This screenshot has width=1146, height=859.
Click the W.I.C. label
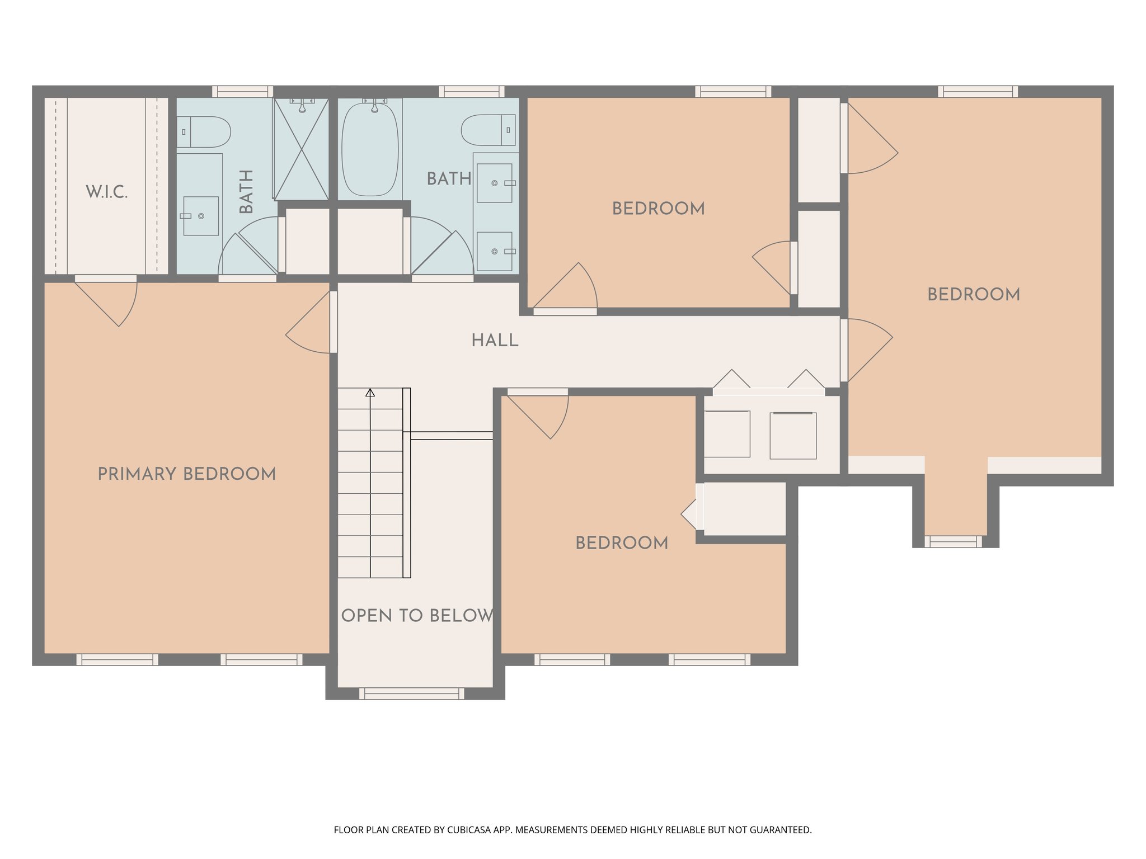point(106,192)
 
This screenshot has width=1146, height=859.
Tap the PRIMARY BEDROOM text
point(187,474)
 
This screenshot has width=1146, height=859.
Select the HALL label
point(495,340)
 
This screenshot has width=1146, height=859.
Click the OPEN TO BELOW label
point(417,615)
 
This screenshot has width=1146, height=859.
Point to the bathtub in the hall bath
point(370,150)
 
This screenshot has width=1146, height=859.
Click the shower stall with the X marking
point(301,149)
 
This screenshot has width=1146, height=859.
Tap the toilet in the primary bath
point(204,132)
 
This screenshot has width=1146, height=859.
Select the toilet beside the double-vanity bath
point(489,130)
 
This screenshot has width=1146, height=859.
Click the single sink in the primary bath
point(200,216)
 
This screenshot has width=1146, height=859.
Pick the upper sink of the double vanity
point(495,183)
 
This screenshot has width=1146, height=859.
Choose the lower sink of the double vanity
point(495,252)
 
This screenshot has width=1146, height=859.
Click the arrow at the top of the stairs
point(370,393)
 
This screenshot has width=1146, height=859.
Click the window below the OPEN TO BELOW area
point(411,694)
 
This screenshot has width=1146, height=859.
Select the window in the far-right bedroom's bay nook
point(953,541)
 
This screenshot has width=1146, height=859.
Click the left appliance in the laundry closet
point(727,434)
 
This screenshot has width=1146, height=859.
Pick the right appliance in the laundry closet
point(793,436)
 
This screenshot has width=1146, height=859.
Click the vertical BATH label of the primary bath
point(246,191)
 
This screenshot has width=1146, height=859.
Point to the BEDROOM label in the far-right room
point(973,294)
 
